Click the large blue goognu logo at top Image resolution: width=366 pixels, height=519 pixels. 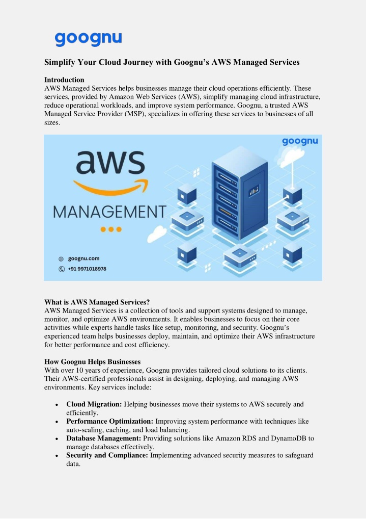(88, 39)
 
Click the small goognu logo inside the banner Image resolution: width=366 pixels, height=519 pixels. (300, 141)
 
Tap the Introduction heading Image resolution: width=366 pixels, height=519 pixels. (64, 80)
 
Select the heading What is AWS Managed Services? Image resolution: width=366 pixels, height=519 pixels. (97, 302)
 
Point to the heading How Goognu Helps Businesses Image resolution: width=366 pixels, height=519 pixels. (93, 362)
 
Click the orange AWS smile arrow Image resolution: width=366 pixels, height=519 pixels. (111, 188)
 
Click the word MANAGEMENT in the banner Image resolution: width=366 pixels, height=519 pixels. (109, 212)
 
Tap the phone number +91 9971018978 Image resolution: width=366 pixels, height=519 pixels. (87, 269)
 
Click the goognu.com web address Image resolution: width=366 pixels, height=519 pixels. (83, 258)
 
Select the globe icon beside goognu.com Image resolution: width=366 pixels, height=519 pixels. (61, 259)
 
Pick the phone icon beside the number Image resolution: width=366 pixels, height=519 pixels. (62, 269)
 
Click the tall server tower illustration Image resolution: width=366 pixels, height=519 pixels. (239, 194)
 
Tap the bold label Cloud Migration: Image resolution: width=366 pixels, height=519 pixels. (94, 404)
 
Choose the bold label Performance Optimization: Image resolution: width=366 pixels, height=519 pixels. (110, 421)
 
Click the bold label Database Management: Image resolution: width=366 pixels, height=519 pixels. (104, 438)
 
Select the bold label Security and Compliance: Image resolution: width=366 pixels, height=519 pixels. (107, 455)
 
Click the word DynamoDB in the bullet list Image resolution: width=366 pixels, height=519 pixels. (289, 438)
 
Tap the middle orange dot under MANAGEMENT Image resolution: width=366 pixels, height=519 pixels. (111, 229)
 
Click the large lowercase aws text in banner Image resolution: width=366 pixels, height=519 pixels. (110, 163)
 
